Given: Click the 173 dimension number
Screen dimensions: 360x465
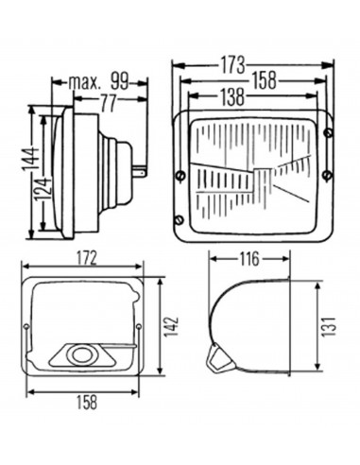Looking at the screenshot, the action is [x=232, y=65].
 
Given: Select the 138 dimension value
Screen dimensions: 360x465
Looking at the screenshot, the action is [x=232, y=96].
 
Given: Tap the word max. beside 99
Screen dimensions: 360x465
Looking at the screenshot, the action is [x=84, y=82].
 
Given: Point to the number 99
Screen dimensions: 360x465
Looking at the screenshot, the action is [x=120, y=82].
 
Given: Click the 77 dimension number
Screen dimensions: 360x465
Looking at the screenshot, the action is [x=109, y=103].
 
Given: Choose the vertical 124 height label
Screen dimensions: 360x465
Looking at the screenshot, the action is [x=42, y=190].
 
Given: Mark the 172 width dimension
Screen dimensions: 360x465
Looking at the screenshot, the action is [x=83, y=259].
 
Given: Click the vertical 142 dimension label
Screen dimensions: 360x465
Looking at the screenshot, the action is [x=172, y=327].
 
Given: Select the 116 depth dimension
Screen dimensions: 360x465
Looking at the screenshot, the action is [x=249, y=259].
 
